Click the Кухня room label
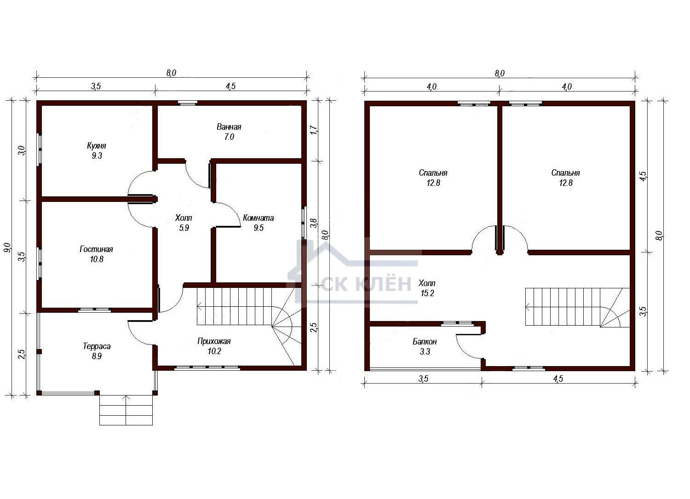[x=97, y=146]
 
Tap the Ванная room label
[x=229, y=127]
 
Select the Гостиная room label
[x=97, y=249]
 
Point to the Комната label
[x=258, y=218]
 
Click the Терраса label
[x=97, y=346]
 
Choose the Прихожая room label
[x=214, y=341]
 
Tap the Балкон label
[x=425, y=342]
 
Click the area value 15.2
[x=427, y=293]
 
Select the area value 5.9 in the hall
[x=184, y=228]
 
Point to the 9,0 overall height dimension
[x=7, y=247]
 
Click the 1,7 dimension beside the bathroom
[x=314, y=130]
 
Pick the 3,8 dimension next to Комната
[x=314, y=223]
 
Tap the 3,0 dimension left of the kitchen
[x=22, y=150]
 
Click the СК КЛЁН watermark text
[x=367, y=284]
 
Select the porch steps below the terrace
[x=126, y=410]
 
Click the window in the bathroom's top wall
[x=188, y=103]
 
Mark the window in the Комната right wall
[x=304, y=223]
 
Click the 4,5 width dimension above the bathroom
[x=230, y=86]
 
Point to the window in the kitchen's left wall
[x=39, y=149]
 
